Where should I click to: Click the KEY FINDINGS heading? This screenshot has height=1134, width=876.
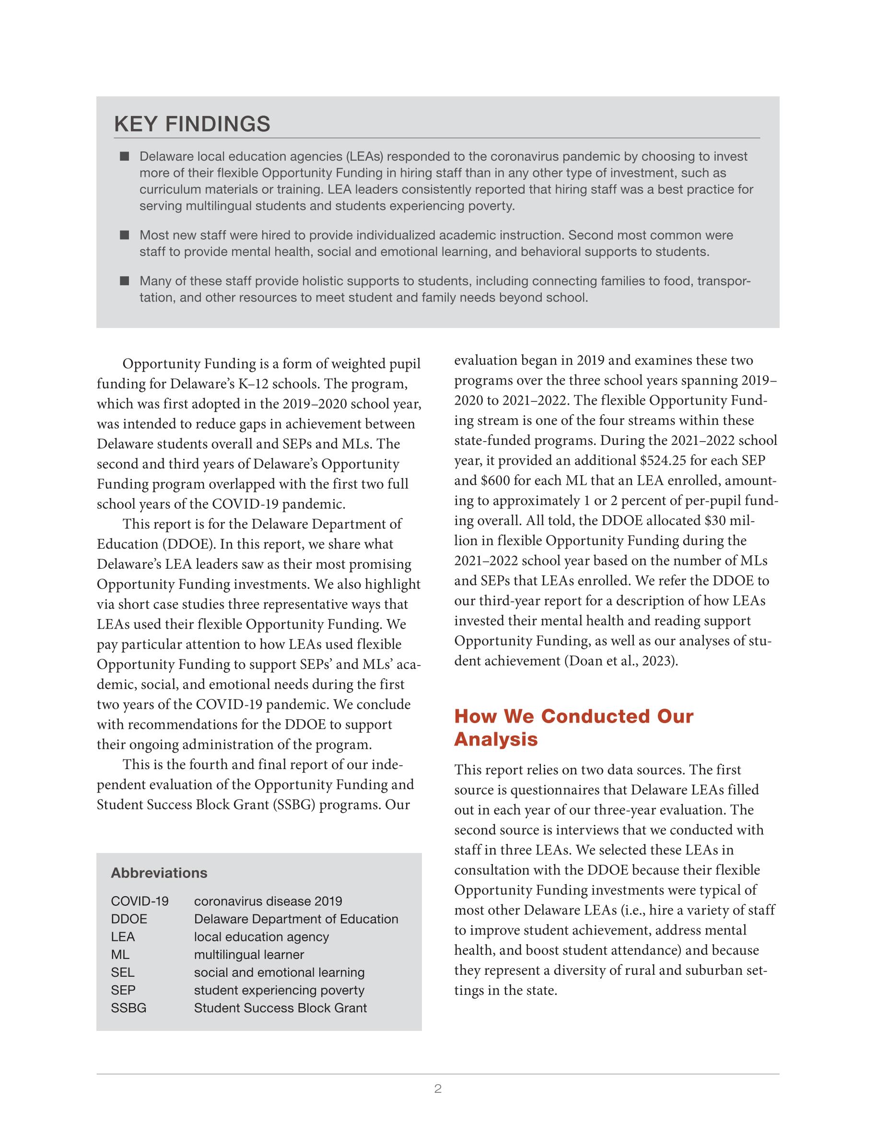click(192, 125)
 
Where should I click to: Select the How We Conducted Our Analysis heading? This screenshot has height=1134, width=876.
click(573, 727)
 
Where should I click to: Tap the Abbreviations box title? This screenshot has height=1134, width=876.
click(159, 873)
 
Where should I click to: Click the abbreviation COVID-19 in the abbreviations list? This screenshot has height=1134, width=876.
click(140, 901)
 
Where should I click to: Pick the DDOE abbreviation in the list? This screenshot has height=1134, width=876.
click(129, 919)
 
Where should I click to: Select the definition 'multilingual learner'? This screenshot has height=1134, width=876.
click(249, 954)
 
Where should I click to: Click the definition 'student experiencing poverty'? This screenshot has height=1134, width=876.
click(279, 990)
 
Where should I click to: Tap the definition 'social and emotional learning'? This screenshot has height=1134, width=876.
click(279, 972)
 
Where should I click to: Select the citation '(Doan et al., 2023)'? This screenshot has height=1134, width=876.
click(620, 661)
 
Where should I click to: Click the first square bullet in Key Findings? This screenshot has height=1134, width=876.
click(124, 156)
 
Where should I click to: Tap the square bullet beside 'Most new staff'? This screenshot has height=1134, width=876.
click(124, 235)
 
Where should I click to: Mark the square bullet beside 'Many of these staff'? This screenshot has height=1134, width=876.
click(124, 281)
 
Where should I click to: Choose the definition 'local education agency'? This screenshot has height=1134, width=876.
click(261, 937)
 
